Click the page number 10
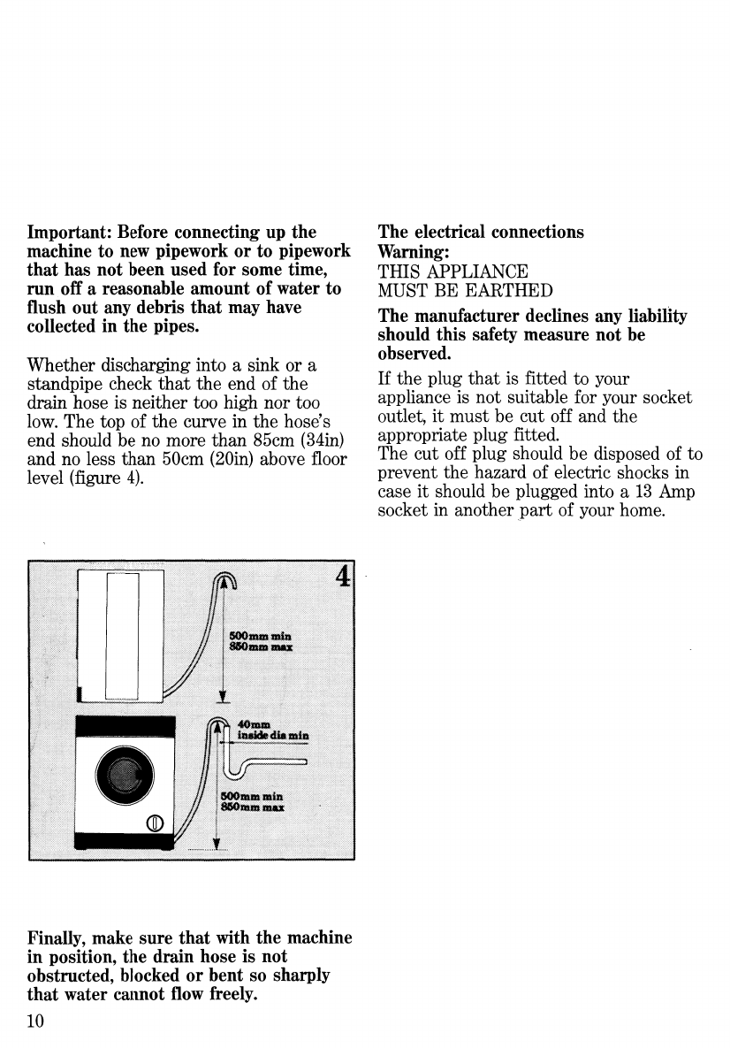coord(36,1020)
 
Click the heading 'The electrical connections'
coord(481,233)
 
